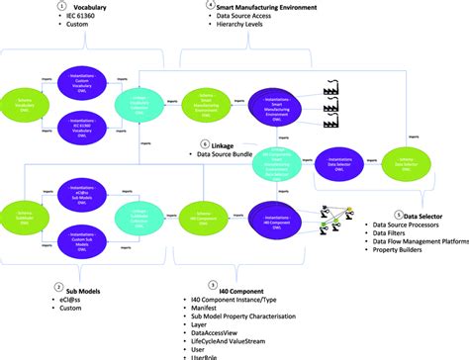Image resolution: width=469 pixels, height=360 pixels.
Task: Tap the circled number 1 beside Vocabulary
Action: tap(61, 6)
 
